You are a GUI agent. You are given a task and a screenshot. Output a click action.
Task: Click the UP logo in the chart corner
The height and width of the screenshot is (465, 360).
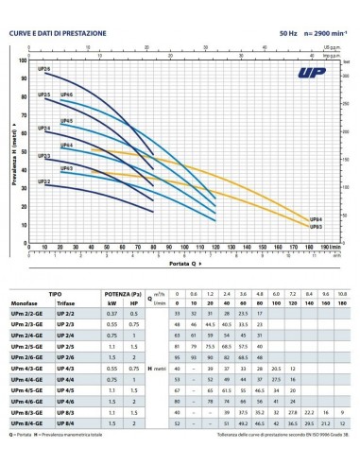tap(325, 70)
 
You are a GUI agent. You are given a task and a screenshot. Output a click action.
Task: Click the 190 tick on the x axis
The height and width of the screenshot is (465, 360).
tap(321, 249)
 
